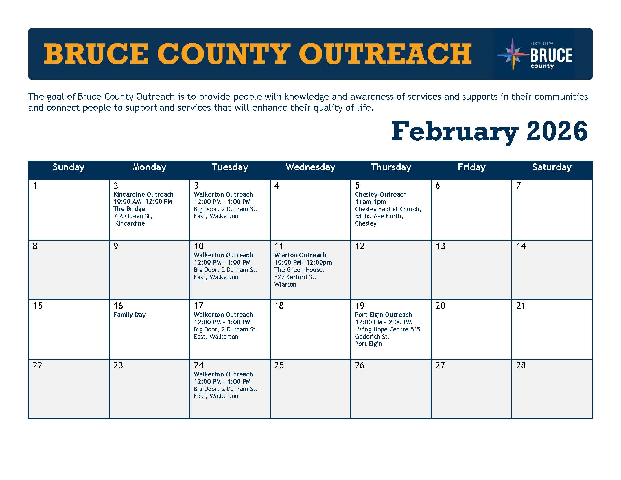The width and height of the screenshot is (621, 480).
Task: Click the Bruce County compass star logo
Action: (x=513, y=54)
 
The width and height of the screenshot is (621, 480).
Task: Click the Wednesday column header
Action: (x=310, y=167)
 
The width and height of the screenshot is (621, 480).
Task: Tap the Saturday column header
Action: (x=552, y=167)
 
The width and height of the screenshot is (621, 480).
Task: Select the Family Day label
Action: (x=129, y=315)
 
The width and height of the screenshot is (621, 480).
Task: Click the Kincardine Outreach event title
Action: (x=143, y=194)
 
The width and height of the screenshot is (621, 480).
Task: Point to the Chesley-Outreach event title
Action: (x=381, y=194)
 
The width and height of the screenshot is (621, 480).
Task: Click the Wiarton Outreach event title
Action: (x=300, y=255)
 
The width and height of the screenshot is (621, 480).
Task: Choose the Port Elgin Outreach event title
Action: (x=383, y=315)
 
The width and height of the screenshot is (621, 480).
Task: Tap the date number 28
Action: (x=521, y=365)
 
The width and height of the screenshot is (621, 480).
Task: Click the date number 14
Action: (x=521, y=246)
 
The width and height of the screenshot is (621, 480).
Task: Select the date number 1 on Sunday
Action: (x=35, y=186)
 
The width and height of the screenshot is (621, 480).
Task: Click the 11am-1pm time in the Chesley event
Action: (x=371, y=202)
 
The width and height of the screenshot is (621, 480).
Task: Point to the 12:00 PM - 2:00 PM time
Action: (x=383, y=322)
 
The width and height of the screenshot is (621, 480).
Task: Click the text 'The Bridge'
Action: (x=129, y=209)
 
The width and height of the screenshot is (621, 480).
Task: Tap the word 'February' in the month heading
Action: (x=454, y=131)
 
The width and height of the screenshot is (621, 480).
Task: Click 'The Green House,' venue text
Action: (x=299, y=270)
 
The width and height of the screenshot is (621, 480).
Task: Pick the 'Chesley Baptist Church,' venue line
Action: (x=388, y=209)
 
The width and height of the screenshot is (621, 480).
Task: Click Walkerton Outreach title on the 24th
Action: (x=223, y=374)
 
